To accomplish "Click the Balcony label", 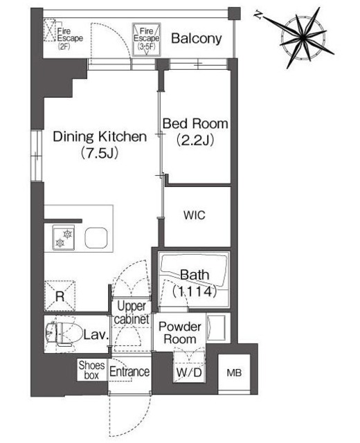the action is [x=197, y=39].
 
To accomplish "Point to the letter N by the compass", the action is [x=258, y=15].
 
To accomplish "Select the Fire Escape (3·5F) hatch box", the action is [x=146, y=39].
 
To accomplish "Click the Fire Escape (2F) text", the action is [x=70, y=39].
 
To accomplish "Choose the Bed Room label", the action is [x=195, y=124].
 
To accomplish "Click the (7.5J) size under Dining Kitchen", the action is [x=100, y=153].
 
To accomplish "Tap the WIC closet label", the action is [x=194, y=215].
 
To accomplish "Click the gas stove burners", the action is [x=64, y=238].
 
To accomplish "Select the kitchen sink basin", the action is [x=96, y=238].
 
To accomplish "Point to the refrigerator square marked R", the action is [x=60, y=296].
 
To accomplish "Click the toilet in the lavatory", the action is [x=60, y=334].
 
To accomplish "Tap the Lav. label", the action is [x=96, y=335].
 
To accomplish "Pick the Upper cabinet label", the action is [x=132, y=312].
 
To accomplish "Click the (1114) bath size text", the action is [x=195, y=291].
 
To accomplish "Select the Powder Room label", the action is [x=180, y=333].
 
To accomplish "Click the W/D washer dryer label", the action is [x=189, y=372].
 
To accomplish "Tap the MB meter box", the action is [x=234, y=373].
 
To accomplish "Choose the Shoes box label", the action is [x=91, y=370].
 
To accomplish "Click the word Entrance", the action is [x=129, y=372].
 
